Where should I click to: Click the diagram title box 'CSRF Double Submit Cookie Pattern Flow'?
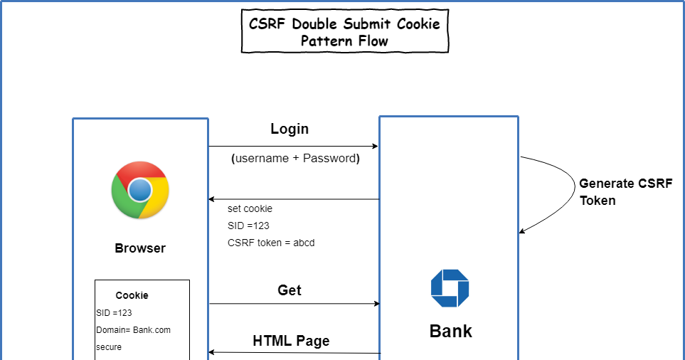point(345,32)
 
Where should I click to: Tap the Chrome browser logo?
point(140,190)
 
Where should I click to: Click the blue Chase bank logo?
point(450,288)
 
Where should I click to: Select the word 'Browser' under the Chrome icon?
point(140,248)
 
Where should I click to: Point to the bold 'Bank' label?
point(450,331)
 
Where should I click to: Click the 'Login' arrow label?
point(290,129)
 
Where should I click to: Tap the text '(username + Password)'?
point(295,158)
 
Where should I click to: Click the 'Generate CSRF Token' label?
point(625,191)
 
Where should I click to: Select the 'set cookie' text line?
point(250,208)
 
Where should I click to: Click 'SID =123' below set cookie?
point(248,226)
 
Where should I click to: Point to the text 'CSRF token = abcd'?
point(271,243)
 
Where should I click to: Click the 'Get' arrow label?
point(290,290)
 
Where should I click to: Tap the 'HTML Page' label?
point(291,341)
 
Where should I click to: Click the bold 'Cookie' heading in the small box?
point(132,295)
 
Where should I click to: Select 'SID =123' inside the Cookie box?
point(114,312)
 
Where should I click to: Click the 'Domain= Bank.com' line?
point(133,329)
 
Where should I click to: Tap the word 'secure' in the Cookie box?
point(109,347)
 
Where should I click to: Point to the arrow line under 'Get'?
point(294,304)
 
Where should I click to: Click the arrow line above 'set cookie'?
point(294,199)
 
